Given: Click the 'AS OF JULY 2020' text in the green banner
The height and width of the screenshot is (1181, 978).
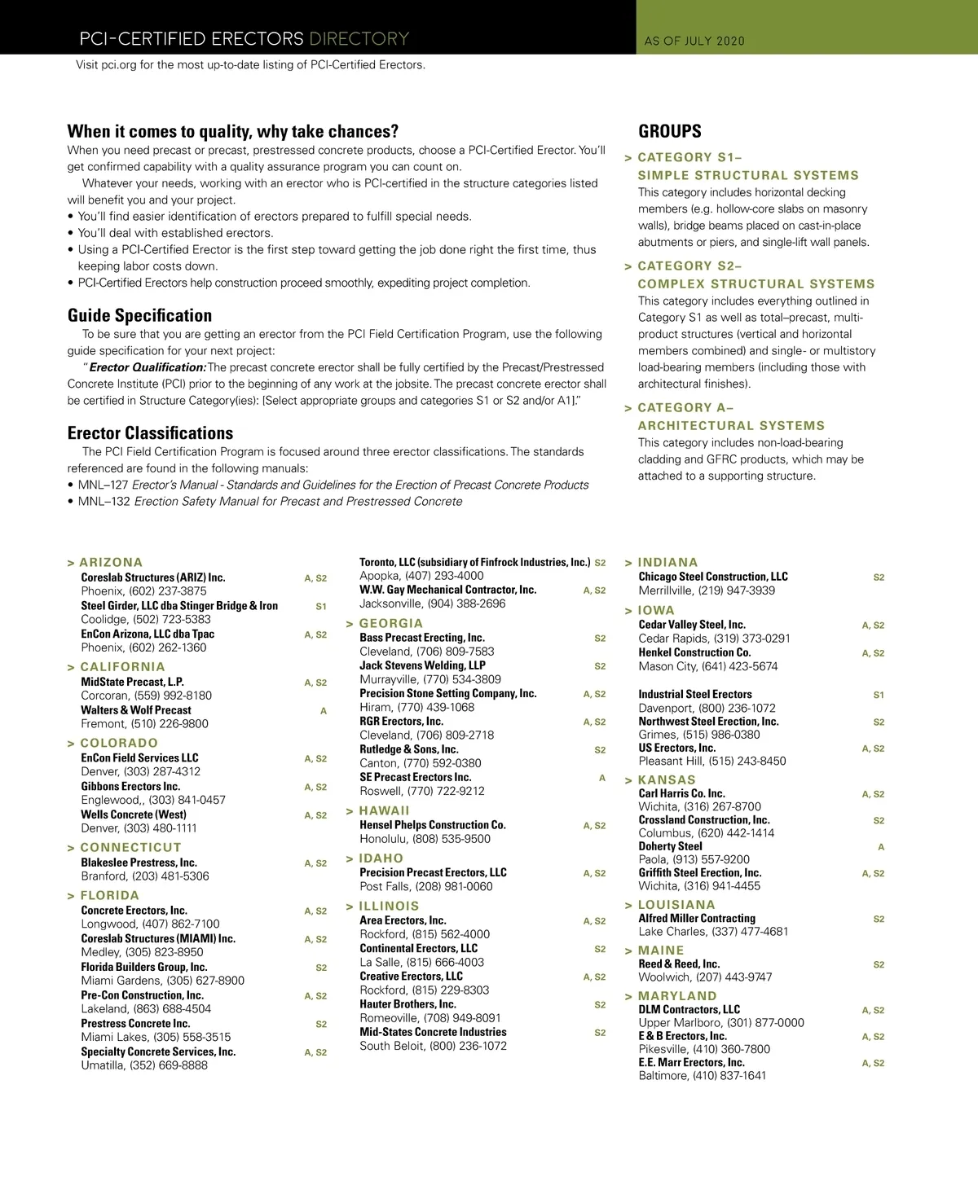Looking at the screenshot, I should pyautogui.click(x=694, y=41).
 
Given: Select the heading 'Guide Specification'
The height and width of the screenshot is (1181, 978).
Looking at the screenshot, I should pyautogui.click(x=139, y=315).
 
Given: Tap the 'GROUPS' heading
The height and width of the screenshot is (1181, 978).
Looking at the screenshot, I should pyautogui.click(x=669, y=131).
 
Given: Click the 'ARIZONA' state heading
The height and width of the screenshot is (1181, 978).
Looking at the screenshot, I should pyautogui.click(x=111, y=562).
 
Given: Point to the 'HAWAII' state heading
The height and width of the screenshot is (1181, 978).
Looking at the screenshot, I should pyautogui.click(x=384, y=810).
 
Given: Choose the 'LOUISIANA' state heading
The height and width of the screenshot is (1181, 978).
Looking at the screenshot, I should pyautogui.click(x=676, y=904).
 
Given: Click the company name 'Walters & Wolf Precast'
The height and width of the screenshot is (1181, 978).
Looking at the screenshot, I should pyautogui.click(x=136, y=710).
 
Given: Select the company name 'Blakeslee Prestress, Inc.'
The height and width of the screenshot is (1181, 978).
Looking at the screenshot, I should pyautogui.click(x=139, y=863).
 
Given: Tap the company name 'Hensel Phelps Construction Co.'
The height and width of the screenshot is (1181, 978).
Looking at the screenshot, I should pyautogui.click(x=433, y=825).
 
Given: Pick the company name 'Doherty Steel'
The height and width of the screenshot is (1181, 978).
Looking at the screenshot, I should pyautogui.click(x=670, y=846).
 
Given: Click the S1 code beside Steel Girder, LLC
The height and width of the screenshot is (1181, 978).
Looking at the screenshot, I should pyautogui.click(x=321, y=606).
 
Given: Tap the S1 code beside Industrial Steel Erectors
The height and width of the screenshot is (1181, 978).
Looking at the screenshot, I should pyautogui.click(x=879, y=695).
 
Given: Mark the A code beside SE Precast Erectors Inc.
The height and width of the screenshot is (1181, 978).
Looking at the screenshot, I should pyautogui.click(x=602, y=778).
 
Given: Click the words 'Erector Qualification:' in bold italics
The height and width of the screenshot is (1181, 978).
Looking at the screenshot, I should pyautogui.click(x=147, y=367).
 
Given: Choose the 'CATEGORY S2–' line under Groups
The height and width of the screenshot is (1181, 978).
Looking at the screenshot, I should pyautogui.click(x=689, y=266).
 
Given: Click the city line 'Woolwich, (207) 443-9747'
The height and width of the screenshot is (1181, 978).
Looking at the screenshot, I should pyautogui.click(x=705, y=977).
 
